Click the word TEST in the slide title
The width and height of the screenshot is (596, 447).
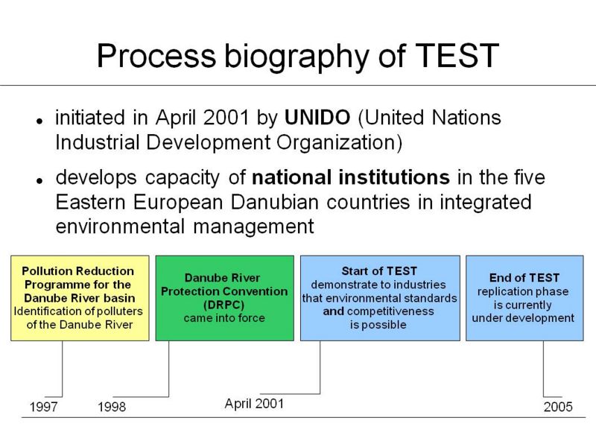click(457, 56)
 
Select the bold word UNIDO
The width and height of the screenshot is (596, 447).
click(317, 118)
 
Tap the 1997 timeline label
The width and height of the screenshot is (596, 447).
click(44, 407)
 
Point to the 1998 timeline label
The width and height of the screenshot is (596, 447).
click(112, 407)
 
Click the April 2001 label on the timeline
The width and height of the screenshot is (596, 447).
click(254, 404)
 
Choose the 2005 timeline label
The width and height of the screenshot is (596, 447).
click(558, 407)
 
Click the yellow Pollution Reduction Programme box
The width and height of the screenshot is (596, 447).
click(80, 298)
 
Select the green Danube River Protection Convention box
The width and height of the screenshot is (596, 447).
click(225, 298)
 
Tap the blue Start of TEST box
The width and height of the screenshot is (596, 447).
click(380, 298)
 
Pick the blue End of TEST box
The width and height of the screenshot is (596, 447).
click(524, 298)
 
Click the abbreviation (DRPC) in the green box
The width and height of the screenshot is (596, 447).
click(224, 305)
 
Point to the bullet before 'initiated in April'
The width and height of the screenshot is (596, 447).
click(39, 121)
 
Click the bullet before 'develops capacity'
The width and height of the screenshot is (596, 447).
click(39, 181)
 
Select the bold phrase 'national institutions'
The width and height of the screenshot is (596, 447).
click(351, 177)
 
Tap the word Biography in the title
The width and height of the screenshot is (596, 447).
click(297, 57)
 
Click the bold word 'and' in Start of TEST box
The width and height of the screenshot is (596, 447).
click(333, 311)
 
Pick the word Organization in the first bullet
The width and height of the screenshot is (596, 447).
click(339, 143)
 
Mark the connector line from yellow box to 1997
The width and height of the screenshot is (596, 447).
click(62, 369)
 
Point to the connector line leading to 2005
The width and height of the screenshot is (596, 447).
click(543, 369)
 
